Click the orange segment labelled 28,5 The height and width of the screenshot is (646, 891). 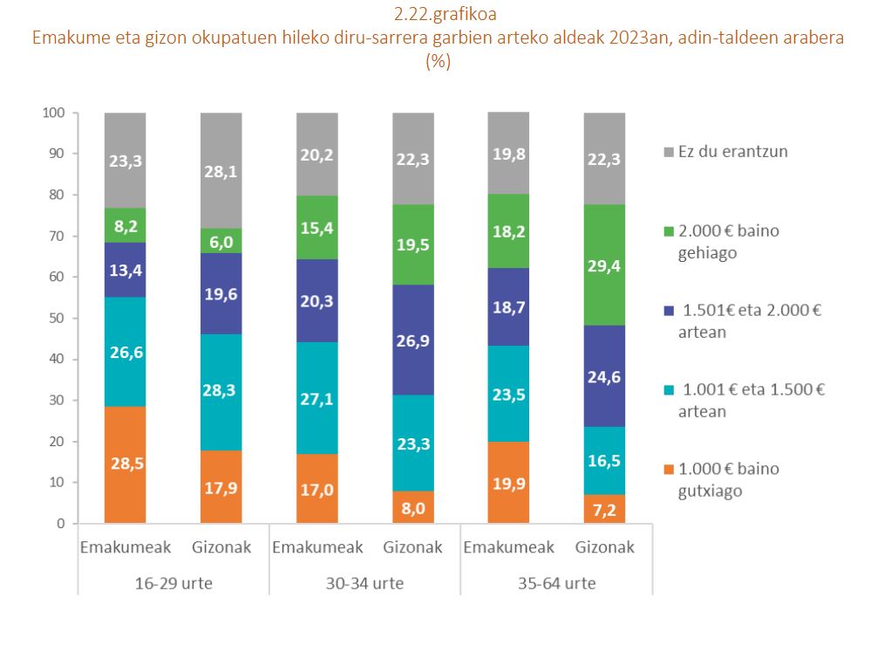point(125,464)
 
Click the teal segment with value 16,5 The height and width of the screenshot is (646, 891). point(604,460)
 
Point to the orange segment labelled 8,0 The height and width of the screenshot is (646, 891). point(412,507)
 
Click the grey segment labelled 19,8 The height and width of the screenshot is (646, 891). point(508,154)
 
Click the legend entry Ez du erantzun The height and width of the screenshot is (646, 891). point(721,151)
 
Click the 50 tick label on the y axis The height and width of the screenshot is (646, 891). point(58,318)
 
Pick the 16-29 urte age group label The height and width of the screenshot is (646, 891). point(173,582)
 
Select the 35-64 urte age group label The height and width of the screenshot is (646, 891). point(556,582)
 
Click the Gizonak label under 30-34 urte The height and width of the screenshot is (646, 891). point(412,548)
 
